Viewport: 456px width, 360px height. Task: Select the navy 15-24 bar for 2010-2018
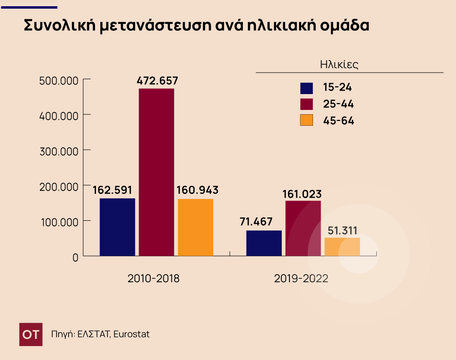pos(118,227)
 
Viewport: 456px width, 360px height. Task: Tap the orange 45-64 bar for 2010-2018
pos(195,227)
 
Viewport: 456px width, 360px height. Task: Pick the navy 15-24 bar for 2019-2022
pos(264,243)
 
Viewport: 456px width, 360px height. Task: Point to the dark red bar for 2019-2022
pos(303,228)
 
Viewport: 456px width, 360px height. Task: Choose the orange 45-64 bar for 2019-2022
pos(342,247)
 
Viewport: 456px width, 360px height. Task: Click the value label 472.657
pos(157,81)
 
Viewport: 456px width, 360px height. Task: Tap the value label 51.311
pos(342,230)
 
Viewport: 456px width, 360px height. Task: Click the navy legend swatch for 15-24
pos(306,88)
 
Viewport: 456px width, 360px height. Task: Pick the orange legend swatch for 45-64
pos(306,120)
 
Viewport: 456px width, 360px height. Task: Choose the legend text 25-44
pos(338,104)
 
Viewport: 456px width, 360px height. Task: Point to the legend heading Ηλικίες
pos(339,64)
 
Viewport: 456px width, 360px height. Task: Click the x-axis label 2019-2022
pos(301,278)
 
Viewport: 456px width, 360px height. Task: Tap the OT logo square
pos(31,334)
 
